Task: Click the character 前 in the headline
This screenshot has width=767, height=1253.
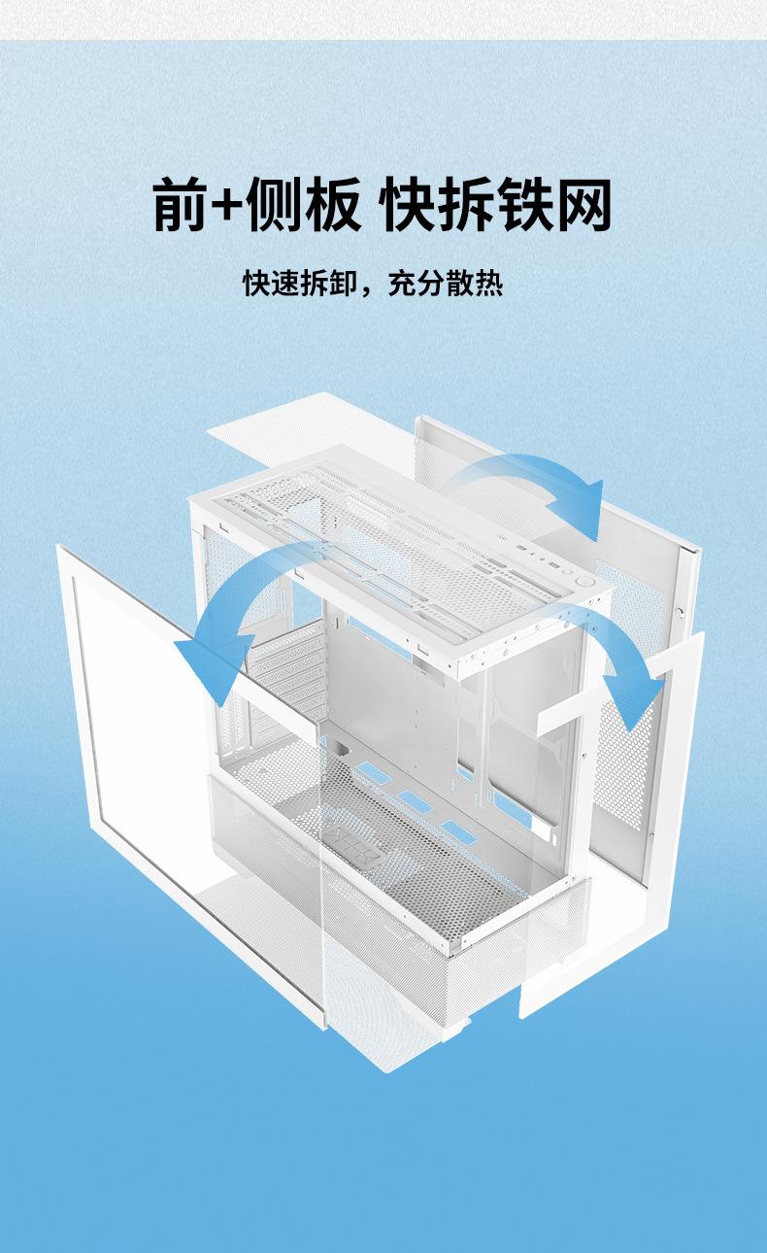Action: click(182, 205)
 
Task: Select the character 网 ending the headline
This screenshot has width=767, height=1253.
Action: click(584, 205)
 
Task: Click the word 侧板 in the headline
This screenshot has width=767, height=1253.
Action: click(304, 205)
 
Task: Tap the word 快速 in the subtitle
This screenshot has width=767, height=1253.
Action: click(271, 284)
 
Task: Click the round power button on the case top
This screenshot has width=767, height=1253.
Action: click(587, 579)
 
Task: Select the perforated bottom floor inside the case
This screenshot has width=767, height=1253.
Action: click(408, 845)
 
